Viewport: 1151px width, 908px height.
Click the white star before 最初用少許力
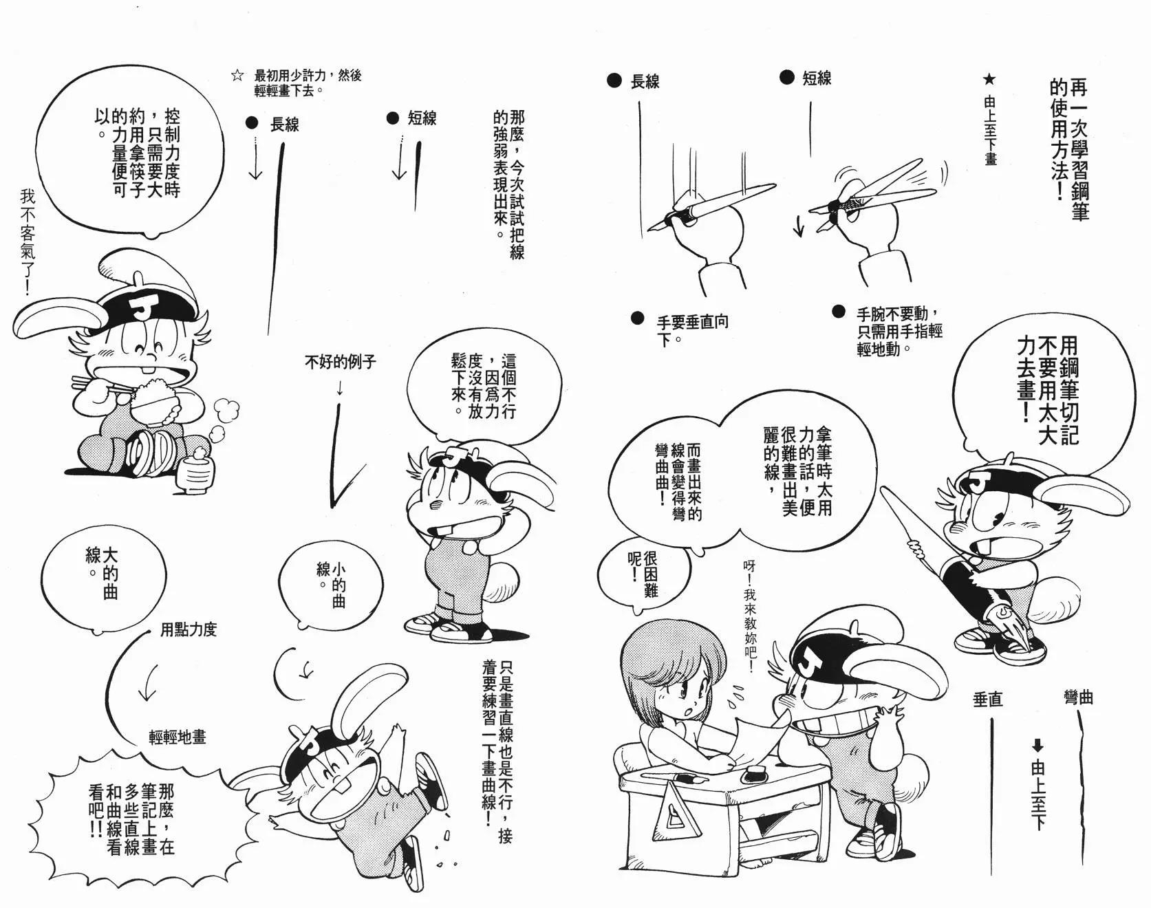238,76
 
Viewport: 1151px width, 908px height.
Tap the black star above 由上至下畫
990,80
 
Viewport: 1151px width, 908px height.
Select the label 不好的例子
341,362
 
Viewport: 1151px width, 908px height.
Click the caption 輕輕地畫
178,737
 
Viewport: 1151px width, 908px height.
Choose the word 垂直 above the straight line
987,700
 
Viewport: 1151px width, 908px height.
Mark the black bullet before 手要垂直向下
637,318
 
